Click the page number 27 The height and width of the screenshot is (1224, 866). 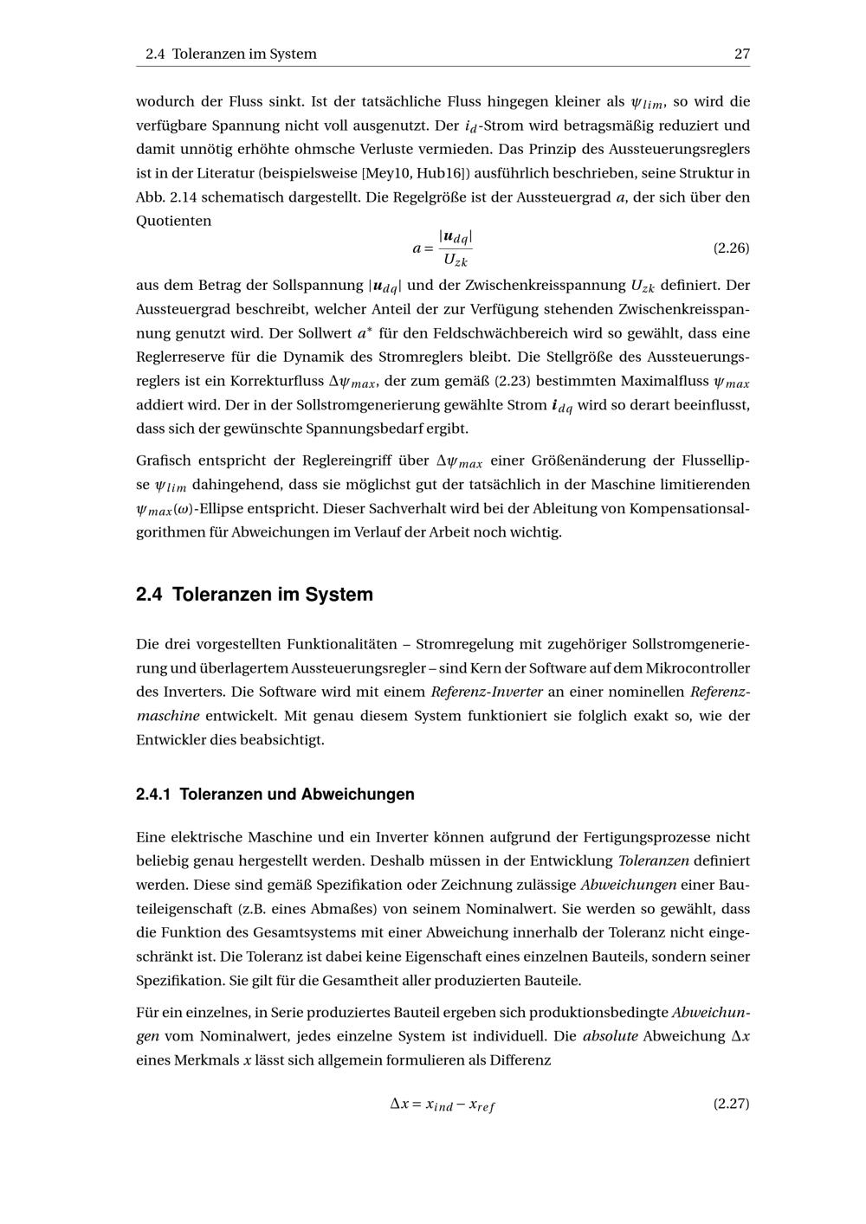coord(741,54)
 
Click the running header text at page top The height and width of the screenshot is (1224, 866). coord(231,54)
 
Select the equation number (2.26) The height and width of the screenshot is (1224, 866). coord(731,248)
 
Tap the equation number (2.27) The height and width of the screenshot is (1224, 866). coord(731,1104)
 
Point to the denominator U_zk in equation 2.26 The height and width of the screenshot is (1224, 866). coord(455,260)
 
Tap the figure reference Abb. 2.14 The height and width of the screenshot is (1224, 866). coord(166,197)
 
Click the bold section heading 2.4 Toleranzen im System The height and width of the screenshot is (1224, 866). coord(255,595)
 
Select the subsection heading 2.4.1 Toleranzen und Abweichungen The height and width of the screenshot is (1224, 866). coord(275,795)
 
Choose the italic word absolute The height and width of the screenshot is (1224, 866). coord(610,1036)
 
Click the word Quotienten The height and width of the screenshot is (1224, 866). coord(174,222)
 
